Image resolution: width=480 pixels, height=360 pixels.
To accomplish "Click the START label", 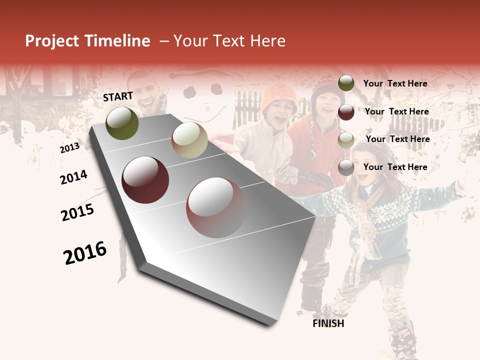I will pos(118,96).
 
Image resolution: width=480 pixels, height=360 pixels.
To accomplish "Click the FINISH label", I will pos(328,323).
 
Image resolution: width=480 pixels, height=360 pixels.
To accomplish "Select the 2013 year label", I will pos(69,148).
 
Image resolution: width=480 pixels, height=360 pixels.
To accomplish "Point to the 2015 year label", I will pos(77,212).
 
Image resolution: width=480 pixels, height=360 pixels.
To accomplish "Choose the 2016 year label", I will pos(85,253).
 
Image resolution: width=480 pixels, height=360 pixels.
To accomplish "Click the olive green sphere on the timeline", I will pos(122,123).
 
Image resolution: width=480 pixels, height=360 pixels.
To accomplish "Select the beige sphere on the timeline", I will pos(189,139).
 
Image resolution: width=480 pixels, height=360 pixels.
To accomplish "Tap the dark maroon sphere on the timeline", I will pos(145,180).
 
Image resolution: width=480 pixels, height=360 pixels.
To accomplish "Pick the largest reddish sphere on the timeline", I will pos(216,207).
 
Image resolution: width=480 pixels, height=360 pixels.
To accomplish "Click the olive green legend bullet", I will pos(346,83).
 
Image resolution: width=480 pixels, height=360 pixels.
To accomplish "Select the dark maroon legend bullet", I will pos(346,112).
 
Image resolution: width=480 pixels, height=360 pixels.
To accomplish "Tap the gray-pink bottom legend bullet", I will pos(346,168).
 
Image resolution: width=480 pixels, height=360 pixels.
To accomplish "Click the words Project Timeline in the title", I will pos(87,41).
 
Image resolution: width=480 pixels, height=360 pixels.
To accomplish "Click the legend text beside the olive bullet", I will pos(395,84).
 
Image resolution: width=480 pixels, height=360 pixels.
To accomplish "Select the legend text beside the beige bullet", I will pos(397,139).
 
